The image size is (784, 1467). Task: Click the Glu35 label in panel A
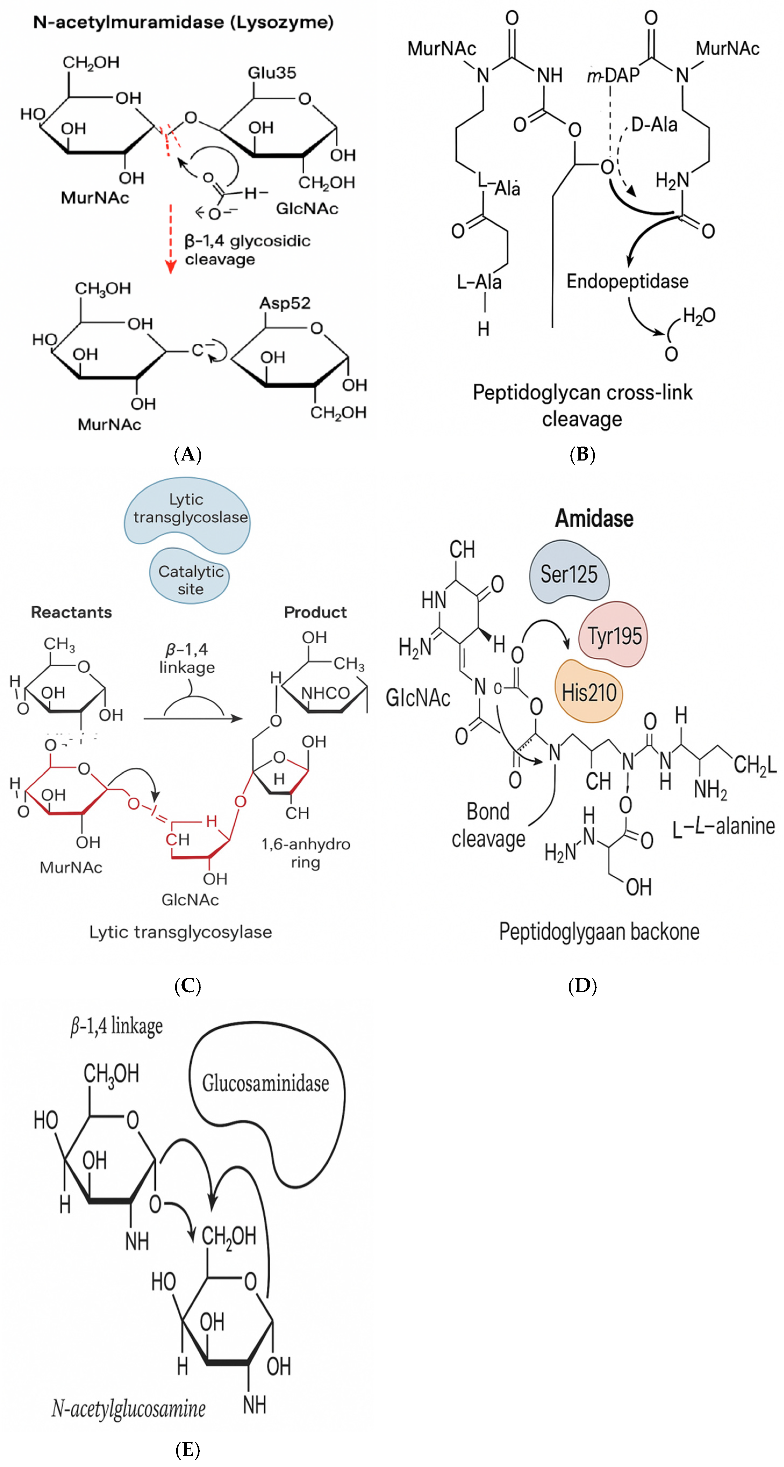(x=272, y=73)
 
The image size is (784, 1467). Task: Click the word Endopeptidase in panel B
(x=627, y=281)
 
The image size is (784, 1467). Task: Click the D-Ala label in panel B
(x=654, y=125)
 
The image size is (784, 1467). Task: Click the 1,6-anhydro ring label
(x=305, y=853)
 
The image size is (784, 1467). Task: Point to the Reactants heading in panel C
(x=71, y=612)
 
